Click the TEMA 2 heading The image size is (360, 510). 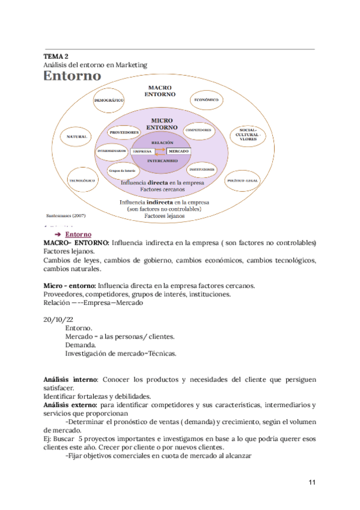pyautogui.click(x=56, y=56)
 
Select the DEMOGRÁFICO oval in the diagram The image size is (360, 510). pyautogui.click(x=109, y=100)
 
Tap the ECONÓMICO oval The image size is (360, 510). pyautogui.click(x=206, y=99)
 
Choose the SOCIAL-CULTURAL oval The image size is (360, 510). pyautogui.click(x=248, y=135)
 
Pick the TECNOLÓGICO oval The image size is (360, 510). pyautogui.click(x=84, y=180)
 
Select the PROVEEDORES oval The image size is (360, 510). pyautogui.click(x=125, y=132)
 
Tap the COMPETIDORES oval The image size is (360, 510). pyautogui.click(x=198, y=130)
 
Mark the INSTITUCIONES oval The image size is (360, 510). pyautogui.click(x=202, y=170)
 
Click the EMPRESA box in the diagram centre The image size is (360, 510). pyautogui.click(x=142, y=152)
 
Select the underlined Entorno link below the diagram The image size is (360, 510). pyautogui.click(x=78, y=234)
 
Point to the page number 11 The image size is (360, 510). pyautogui.click(x=311, y=482)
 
